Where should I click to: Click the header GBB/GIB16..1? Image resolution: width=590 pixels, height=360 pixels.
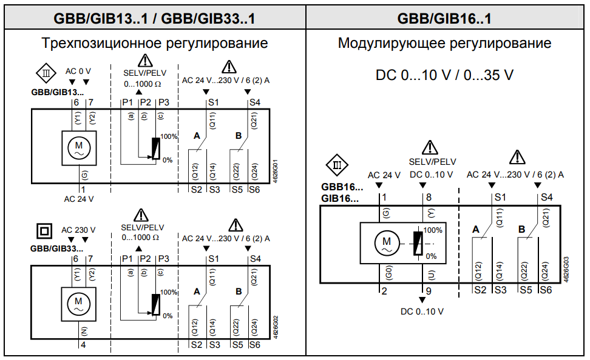(x=444, y=19)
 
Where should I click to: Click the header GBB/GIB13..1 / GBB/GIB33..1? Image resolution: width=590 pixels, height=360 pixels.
(x=154, y=19)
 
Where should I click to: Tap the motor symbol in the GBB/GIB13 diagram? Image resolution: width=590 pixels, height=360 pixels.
(x=78, y=147)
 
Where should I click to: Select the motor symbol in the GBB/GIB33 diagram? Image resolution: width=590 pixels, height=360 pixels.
(x=78, y=303)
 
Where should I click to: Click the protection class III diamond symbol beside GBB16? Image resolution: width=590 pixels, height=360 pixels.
(x=337, y=165)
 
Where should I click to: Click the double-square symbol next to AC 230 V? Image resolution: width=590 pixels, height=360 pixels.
(x=43, y=231)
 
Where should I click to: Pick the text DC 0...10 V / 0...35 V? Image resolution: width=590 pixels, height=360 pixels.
(x=444, y=75)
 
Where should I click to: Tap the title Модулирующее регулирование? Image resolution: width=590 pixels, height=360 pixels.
(x=444, y=44)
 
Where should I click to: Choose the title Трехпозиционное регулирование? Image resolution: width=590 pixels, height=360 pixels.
(x=154, y=44)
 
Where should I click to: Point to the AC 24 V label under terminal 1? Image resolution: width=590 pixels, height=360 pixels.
(x=79, y=198)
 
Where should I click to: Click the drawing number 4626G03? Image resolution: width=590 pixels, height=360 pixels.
(x=566, y=267)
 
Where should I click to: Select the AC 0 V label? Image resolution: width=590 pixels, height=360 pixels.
(x=78, y=72)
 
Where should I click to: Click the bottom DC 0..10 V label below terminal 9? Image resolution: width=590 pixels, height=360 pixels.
(x=422, y=312)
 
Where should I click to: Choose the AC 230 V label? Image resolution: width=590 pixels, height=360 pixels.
(x=78, y=230)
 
